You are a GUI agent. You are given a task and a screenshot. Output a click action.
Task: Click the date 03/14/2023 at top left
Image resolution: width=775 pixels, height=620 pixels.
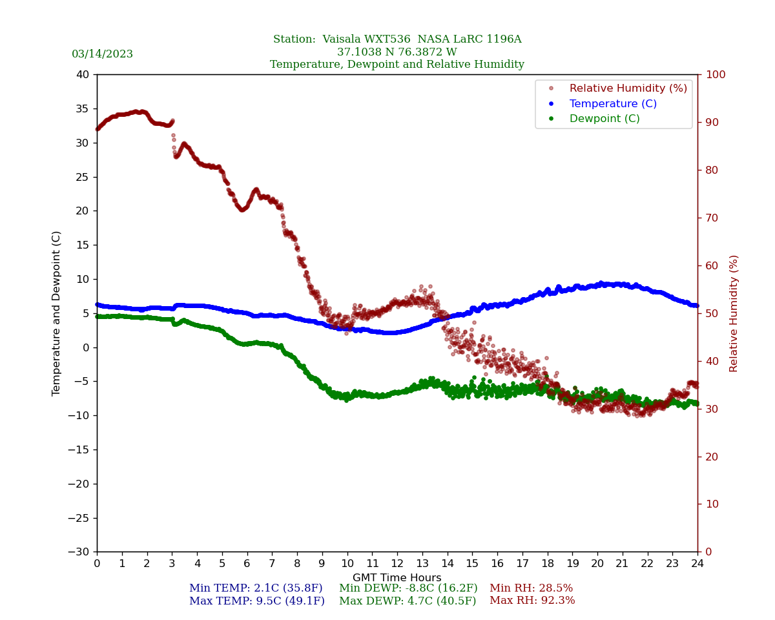click(102, 54)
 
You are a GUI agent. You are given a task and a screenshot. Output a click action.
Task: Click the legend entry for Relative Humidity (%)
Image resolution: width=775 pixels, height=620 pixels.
click(628, 88)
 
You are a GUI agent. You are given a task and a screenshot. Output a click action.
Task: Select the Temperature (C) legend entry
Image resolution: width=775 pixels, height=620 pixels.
click(612, 103)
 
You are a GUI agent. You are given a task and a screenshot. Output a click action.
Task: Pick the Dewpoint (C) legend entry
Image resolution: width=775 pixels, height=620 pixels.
click(604, 119)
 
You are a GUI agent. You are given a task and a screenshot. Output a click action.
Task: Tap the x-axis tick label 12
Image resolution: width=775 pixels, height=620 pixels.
click(397, 564)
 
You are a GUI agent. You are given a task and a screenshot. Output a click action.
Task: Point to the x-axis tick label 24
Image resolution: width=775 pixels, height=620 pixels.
click(697, 564)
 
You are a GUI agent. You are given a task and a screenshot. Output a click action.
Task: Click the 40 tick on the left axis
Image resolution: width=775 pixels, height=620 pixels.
click(83, 75)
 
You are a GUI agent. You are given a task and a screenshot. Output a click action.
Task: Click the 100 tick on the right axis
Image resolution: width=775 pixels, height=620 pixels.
click(715, 75)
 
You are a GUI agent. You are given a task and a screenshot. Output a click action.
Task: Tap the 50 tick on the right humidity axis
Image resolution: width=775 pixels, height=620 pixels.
click(712, 313)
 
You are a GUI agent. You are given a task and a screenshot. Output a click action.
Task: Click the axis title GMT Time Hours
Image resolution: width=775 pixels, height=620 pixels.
click(397, 578)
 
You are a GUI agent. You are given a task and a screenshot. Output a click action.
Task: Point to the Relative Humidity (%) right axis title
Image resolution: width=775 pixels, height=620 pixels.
click(734, 313)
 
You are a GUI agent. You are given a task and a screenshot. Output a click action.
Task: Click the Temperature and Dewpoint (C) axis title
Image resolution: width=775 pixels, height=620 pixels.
click(57, 313)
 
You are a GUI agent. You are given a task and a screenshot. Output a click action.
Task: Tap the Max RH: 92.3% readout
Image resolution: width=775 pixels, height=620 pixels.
click(532, 601)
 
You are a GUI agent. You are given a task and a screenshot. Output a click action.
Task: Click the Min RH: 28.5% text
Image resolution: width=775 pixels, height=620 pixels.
click(531, 588)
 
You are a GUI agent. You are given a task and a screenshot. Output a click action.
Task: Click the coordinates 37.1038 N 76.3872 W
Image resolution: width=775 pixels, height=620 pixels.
click(397, 52)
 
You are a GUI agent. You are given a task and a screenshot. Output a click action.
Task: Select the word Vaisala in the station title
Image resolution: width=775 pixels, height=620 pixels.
click(344, 39)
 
